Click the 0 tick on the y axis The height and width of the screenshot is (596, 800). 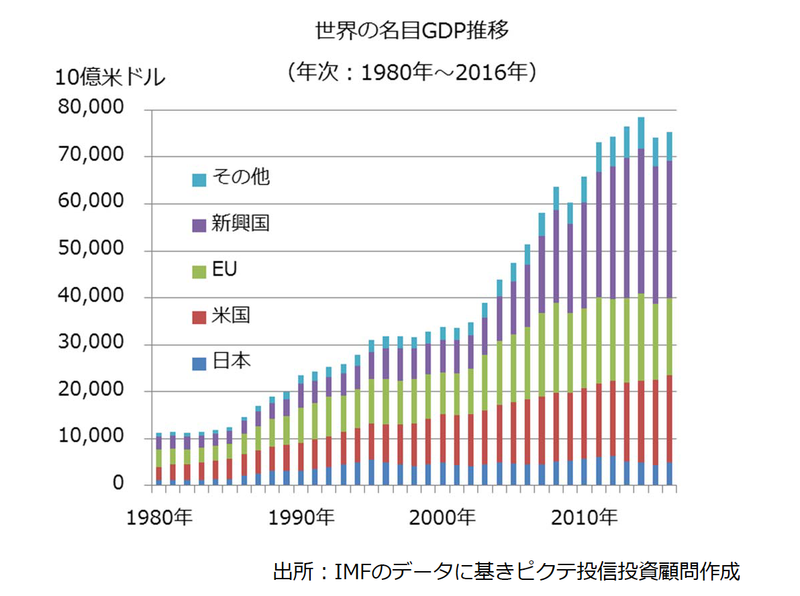[118, 484]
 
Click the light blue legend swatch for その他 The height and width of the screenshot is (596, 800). [199, 179]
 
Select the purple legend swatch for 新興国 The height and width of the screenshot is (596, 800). [199, 226]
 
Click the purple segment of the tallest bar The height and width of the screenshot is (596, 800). [641, 221]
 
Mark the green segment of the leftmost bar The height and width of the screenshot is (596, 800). [158, 458]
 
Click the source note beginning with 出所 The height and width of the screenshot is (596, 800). [506, 572]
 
